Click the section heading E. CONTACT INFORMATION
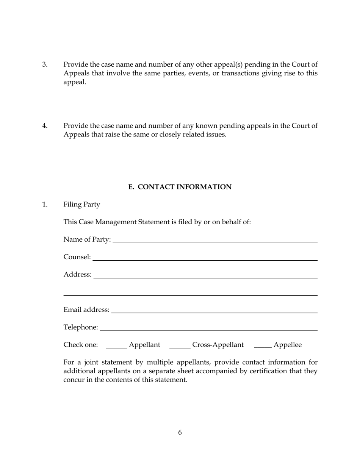tap(180, 187)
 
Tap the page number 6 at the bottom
tap(180, 433)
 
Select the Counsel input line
tap(205, 258)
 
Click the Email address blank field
tap(214, 311)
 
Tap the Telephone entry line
tap(208, 328)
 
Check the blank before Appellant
tap(116, 346)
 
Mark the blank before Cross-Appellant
tap(180, 346)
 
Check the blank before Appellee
tap(263, 346)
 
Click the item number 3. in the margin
tap(45, 64)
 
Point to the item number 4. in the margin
tap(45, 126)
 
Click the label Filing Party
tap(82, 205)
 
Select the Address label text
tap(77, 274)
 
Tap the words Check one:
tap(81, 345)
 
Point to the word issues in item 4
tap(216, 134)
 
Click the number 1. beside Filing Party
tap(45, 205)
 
